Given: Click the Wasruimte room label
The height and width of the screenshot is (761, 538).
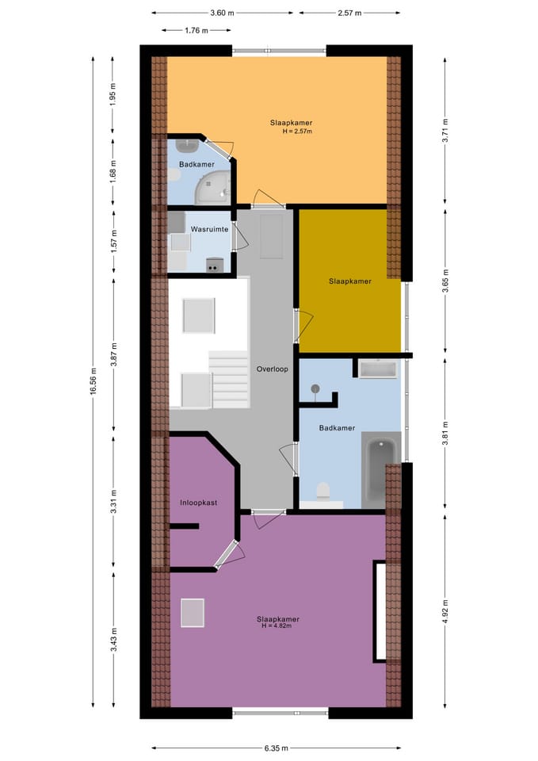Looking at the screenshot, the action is (209, 229).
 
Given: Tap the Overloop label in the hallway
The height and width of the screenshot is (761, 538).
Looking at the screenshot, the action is (272, 369).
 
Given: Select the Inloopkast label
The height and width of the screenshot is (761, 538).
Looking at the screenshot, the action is (198, 503).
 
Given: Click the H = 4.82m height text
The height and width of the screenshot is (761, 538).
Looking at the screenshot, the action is (277, 625).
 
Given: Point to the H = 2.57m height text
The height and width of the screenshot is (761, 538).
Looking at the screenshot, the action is (297, 131).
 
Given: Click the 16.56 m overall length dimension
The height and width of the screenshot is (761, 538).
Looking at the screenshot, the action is (93, 381).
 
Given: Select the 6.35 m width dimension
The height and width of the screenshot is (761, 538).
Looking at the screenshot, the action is (276, 748).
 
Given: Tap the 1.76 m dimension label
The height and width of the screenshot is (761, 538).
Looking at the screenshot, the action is (197, 30).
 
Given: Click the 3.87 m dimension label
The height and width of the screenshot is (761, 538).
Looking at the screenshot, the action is (113, 354).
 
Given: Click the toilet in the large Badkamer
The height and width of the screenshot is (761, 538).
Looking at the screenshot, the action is (322, 492).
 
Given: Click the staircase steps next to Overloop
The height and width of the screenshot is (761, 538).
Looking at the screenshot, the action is (229, 380).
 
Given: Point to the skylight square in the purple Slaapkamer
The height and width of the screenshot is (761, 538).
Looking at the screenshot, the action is (193, 613).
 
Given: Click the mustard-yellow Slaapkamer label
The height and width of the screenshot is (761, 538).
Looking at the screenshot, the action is (349, 281).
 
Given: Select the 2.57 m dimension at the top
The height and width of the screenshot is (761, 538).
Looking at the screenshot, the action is (349, 13).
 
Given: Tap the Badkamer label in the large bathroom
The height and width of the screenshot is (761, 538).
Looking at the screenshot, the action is (337, 427).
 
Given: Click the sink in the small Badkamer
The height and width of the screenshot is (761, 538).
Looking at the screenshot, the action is (187, 145).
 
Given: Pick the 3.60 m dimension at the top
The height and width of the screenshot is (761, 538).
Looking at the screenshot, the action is (222, 13).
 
